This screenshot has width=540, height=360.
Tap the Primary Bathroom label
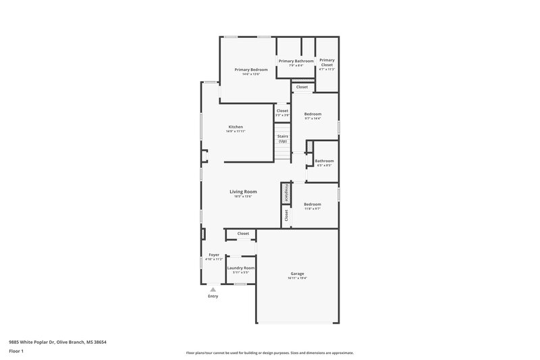click(296, 61)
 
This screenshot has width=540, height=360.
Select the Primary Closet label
click(327, 62)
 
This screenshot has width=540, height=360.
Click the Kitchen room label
click(236, 127)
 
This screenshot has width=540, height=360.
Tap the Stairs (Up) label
click(283, 138)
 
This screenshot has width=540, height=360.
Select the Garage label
click(297, 274)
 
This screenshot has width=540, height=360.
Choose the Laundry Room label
click(240, 268)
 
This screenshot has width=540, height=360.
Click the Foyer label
click(213, 255)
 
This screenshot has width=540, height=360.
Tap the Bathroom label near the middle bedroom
click(324, 161)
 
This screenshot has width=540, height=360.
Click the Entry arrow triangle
click(213, 289)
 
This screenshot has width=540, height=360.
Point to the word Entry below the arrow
click(213, 297)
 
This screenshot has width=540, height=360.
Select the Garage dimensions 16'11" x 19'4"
click(297, 278)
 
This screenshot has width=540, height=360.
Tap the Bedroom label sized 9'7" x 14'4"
click(313, 113)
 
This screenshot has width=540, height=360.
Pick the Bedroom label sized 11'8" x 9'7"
click(312, 204)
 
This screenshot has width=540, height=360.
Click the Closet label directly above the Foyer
click(243, 234)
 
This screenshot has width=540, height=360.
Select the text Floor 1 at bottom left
click(16, 352)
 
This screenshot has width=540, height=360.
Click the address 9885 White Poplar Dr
click(34, 342)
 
